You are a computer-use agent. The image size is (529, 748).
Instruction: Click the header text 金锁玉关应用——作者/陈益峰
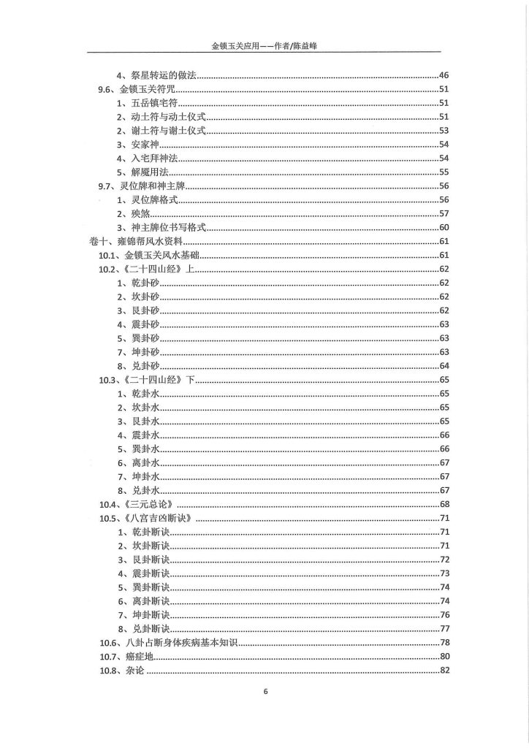coord(264,46)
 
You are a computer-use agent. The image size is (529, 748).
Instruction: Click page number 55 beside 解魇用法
coord(444,172)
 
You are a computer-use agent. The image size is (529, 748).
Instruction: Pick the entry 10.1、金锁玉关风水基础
coord(148,256)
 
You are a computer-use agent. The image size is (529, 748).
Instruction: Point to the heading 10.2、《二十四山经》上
coord(146,270)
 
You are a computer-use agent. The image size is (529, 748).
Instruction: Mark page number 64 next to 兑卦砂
coord(444,366)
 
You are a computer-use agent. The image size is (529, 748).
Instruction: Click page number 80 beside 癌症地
coord(444,657)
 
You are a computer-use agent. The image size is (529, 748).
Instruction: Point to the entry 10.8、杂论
coord(121,671)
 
